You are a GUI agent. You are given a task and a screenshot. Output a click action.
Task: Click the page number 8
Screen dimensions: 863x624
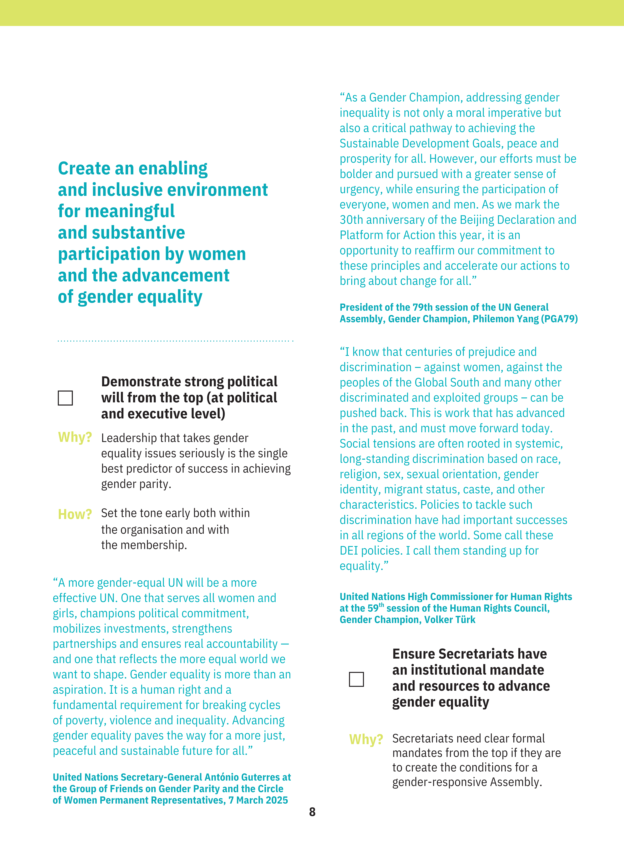pyautogui.click(x=312, y=812)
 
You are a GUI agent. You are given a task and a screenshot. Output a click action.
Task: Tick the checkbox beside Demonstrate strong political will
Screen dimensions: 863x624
pyautogui.click(x=65, y=398)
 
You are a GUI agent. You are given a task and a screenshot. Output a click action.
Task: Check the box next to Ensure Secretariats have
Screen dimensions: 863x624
pyautogui.click(x=356, y=679)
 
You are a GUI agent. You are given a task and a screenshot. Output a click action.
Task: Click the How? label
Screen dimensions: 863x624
pyautogui.click(x=75, y=514)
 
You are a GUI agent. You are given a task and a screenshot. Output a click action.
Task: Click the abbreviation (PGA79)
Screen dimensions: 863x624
pyautogui.click(x=559, y=319)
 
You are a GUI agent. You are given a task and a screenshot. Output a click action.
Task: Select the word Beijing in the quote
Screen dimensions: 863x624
pyautogui.click(x=477, y=220)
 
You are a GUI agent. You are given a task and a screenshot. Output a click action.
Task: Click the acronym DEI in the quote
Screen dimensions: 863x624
pyautogui.click(x=349, y=551)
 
